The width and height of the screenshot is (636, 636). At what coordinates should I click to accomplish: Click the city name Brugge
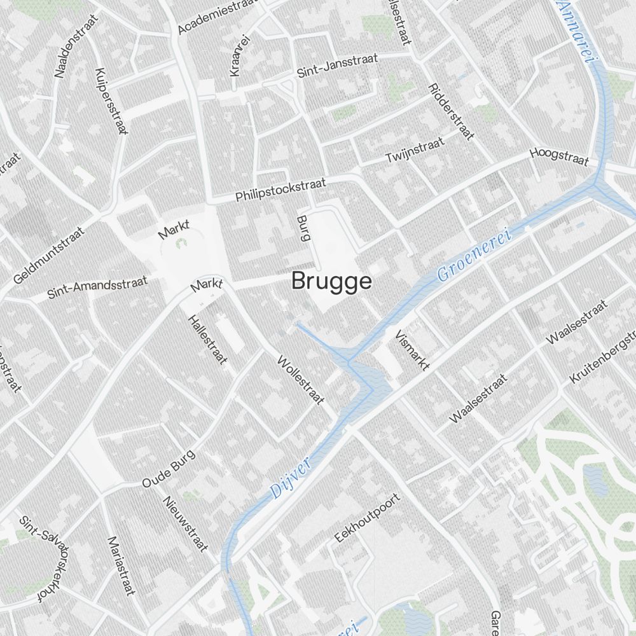331,281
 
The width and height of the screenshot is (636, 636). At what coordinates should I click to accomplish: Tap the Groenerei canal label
474,254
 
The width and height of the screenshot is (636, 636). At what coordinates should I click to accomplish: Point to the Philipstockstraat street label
280,190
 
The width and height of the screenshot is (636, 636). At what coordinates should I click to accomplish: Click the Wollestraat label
301,380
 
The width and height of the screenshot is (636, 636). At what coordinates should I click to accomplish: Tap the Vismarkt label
412,350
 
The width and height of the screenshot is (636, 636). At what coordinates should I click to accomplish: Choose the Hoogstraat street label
560,156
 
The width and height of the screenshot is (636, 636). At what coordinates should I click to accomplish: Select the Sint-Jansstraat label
337,66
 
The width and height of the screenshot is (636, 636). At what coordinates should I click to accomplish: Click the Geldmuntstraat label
49,257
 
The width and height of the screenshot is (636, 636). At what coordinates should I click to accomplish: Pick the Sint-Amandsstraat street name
97,287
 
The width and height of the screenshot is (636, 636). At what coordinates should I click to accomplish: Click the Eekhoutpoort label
368,518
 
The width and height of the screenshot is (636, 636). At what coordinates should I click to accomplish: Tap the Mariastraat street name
121,566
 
